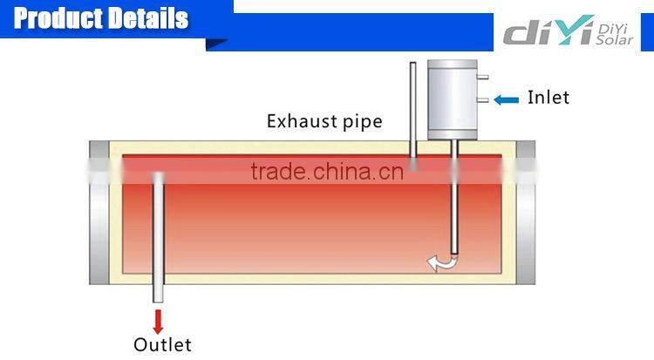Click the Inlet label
tap(548, 98)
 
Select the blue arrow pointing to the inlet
tap(507, 99)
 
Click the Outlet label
tap(161, 344)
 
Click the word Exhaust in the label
tap(299, 121)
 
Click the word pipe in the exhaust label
tap(359, 122)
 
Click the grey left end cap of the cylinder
tap(99, 213)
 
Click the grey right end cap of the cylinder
tap(526, 213)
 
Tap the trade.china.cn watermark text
tap(326, 171)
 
